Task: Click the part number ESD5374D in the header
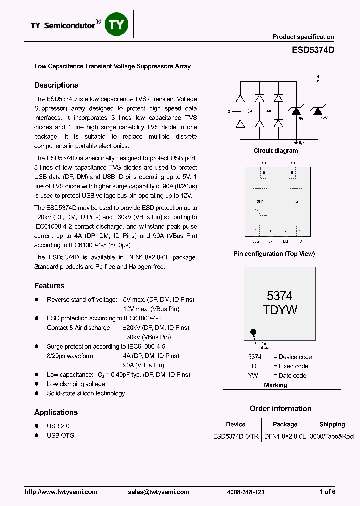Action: [313, 50]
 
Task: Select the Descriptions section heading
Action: [56, 85]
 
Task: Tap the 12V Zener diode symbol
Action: [317, 111]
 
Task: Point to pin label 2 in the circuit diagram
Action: [229, 111]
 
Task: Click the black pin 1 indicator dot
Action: [253, 332]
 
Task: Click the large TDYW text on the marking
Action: [280, 310]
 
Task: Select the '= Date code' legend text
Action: [290, 375]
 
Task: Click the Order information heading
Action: [280, 409]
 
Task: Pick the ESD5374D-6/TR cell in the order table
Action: [235, 436]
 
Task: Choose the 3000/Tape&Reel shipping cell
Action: [332, 436]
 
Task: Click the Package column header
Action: [285, 424]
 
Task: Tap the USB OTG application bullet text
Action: [61, 435]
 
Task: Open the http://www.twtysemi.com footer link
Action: [61, 492]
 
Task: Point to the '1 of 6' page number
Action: [327, 492]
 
